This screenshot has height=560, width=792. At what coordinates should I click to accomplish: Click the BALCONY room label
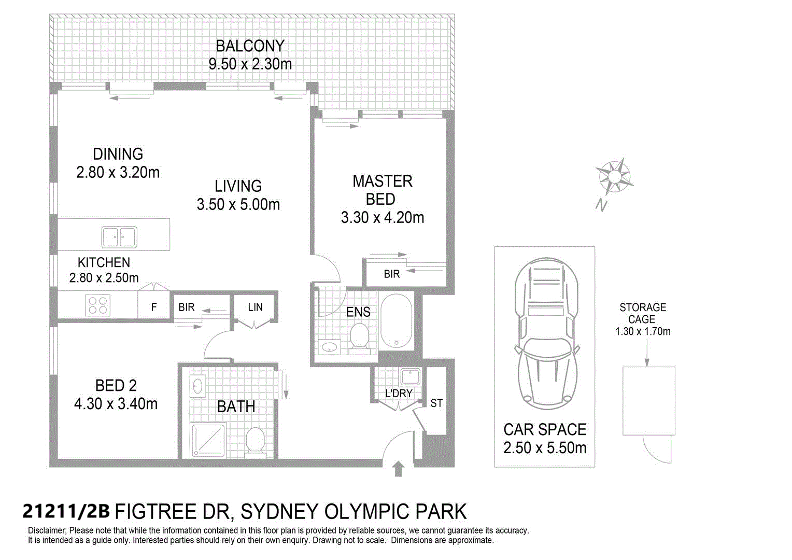pyautogui.click(x=250, y=46)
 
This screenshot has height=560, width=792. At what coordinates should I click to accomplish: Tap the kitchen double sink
pyautogui.click(x=119, y=237)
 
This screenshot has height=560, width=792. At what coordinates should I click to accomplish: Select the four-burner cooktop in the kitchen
pyautogui.click(x=98, y=305)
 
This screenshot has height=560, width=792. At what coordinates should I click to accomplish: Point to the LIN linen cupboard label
pyautogui.click(x=256, y=307)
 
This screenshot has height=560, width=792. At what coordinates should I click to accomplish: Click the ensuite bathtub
pyautogui.click(x=396, y=321)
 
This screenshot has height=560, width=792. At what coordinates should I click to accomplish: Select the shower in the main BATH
pyautogui.click(x=208, y=440)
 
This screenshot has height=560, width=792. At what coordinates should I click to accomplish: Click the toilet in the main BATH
pyautogui.click(x=255, y=440)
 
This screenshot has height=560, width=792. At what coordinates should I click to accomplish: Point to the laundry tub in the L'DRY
pyautogui.click(x=410, y=377)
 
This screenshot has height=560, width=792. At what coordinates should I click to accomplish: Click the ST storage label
pyautogui.click(x=436, y=403)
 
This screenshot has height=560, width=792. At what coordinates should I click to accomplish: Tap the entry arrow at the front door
pyautogui.click(x=399, y=469)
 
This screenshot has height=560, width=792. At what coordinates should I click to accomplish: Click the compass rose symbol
pyautogui.click(x=615, y=176)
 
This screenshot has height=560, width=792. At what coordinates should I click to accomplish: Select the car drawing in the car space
pyautogui.click(x=547, y=333)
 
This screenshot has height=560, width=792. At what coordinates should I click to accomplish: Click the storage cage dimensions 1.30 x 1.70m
pyautogui.click(x=643, y=331)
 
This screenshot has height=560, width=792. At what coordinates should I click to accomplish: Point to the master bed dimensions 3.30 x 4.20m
pyautogui.click(x=383, y=218)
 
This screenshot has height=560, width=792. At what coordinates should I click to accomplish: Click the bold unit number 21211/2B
pyautogui.click(x=66, y=512)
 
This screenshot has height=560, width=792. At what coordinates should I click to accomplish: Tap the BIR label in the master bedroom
pyautogui.click(x=392, y=274)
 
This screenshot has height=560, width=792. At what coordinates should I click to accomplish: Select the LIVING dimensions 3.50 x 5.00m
pyautogui.click(x=238, y=204)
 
